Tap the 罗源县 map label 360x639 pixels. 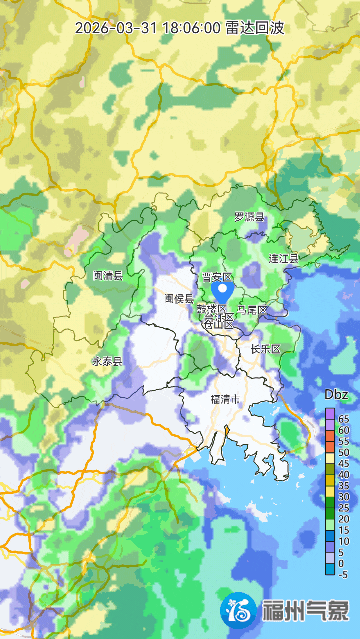249,217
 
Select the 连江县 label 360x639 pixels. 283,258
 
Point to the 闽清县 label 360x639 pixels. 107,275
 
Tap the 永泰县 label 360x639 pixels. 107,361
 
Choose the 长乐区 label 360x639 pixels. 265,349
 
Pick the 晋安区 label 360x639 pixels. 217,276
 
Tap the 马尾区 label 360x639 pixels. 252,310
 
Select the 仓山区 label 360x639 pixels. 218,322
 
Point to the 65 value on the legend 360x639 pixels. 344,418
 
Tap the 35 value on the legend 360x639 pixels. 344,485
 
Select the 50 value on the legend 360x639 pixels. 344,452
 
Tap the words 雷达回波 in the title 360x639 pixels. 255,28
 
